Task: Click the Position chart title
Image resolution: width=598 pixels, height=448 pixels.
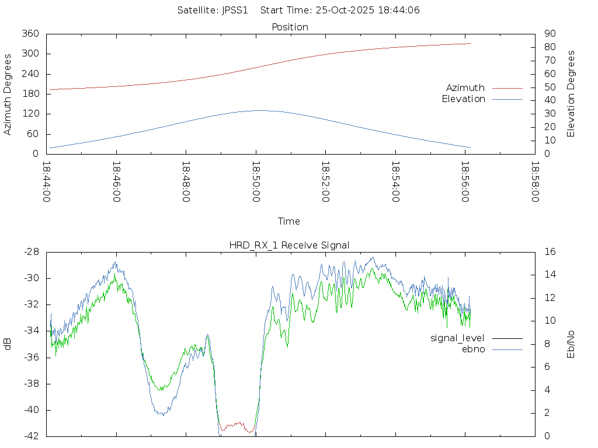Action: point(290,27)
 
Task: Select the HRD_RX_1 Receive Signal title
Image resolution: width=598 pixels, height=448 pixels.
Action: point(289,245)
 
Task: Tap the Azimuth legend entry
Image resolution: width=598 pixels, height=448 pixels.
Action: point(465,87)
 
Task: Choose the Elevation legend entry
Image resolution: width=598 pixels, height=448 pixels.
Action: point(463,99)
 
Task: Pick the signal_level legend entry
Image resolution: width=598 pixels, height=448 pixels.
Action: point(457,338)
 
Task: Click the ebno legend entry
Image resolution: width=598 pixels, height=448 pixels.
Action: point(473,349)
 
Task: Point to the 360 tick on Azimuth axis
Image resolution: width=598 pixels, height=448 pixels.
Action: point(30,34)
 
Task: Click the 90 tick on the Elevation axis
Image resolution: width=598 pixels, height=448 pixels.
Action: point(549,34)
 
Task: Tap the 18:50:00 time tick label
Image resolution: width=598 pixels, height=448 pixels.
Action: point(256,182)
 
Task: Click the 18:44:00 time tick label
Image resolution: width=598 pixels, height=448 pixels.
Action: point(47,182)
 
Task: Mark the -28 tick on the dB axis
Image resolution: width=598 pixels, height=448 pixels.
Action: point(31,252)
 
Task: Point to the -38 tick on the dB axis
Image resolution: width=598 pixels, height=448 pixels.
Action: point(31,384)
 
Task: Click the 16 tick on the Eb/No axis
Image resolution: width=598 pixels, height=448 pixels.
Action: point(550,252)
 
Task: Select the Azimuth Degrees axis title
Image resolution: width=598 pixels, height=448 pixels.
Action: point(8,94)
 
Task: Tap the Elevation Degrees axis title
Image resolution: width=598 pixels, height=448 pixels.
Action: point(571,94)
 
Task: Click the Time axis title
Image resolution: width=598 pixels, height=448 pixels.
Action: point(289,221)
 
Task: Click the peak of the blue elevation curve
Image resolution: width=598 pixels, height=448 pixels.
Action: point(258,110)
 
